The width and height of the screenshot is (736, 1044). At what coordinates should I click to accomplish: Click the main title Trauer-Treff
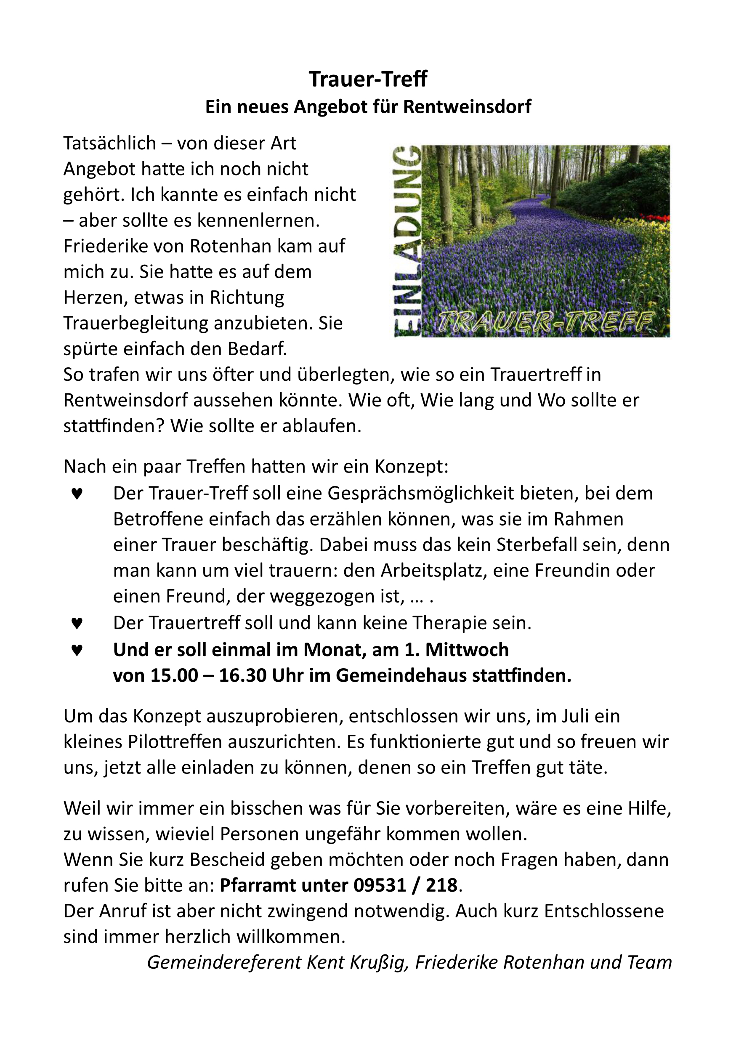[x=368, y=79]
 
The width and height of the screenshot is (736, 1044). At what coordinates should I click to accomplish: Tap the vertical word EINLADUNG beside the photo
[x=407, y=241]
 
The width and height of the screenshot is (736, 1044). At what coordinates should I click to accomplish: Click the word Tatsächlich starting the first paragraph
[x=109, y=143]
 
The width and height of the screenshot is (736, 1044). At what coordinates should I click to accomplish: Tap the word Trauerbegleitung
[x=136, y=323]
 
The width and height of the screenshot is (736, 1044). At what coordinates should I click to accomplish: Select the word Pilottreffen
[x=178, y=742]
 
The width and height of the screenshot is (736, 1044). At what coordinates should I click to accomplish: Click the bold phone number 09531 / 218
[x=406, y=885]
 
